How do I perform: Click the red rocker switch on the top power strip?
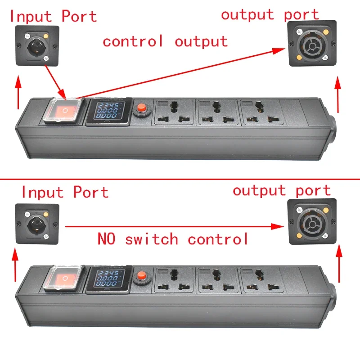(65, 110)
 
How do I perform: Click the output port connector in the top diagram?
(312, 44)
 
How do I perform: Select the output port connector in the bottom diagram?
(312, 220)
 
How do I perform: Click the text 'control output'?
(165, 41)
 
